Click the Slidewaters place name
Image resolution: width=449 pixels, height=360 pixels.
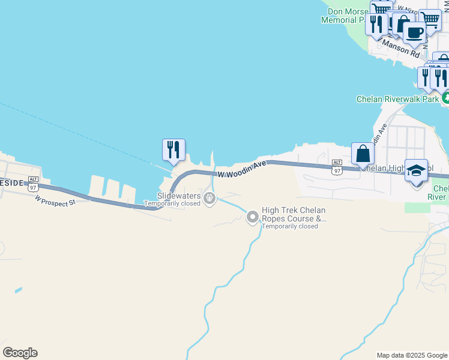coord(179,196)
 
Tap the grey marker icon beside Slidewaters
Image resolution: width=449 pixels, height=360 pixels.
coord(209,197)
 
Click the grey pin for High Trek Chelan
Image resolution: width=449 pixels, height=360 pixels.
coord(253,217)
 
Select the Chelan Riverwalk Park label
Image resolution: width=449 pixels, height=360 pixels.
coord(397,99)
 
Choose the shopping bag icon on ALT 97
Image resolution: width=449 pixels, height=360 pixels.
coord(363,153)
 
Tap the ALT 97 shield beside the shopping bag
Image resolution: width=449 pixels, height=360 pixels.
coord(337,167)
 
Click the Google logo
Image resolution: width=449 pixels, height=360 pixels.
coord(20,353)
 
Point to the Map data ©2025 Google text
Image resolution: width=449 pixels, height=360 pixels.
coord(412,355)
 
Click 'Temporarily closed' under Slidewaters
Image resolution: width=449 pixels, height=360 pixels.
coord(172,203)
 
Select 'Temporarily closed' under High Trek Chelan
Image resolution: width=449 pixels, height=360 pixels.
coord(290,226)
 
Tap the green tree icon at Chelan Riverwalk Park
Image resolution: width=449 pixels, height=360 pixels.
coord(445,97)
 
